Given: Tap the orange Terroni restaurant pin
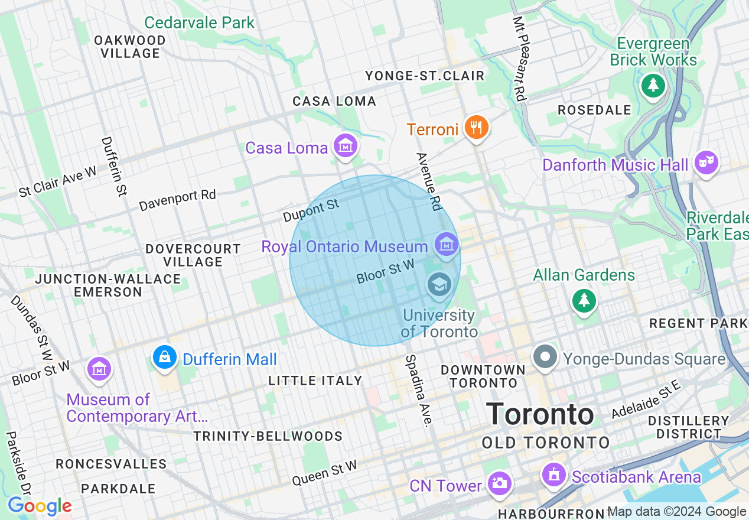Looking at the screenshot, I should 476,127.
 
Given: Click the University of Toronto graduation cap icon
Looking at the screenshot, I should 439,285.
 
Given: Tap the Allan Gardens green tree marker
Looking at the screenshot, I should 584,301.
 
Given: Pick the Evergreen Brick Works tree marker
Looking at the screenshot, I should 653,86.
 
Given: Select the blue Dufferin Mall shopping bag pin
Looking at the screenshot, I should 165,357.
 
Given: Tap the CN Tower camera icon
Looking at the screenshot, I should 499,483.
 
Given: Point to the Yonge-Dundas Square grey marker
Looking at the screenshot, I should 545,357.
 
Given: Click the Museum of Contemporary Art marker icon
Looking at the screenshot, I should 99,369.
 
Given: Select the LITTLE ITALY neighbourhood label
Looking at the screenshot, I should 315,381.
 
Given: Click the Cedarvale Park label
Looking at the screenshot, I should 200,23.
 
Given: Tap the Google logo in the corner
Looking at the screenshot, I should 40,506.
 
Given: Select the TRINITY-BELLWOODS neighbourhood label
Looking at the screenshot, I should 268,437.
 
